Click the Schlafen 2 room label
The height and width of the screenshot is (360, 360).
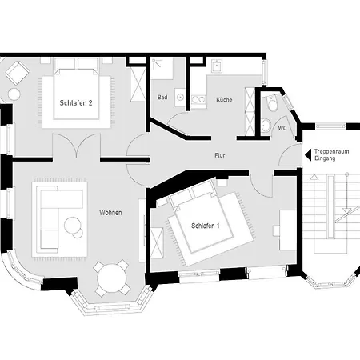76,103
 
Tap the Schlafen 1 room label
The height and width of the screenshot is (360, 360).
206,226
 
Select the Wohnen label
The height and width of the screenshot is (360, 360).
110,213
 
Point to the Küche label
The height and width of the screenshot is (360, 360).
224,100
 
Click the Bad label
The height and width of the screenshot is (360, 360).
162,98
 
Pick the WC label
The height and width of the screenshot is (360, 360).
282,128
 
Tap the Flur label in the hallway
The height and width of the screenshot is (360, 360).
220,155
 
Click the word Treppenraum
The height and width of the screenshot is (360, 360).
331,151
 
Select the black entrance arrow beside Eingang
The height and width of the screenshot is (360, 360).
308,155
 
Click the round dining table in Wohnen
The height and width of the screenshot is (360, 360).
112,278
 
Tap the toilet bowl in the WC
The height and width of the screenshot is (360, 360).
273,103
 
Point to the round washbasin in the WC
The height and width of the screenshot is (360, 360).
266,125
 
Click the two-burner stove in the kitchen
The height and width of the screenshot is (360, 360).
198,99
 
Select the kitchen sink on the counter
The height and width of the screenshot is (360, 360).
218,66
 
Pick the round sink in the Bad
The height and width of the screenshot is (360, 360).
180,97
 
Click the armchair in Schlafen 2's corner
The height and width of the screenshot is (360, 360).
18,73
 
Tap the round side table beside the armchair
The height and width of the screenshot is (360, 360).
14,94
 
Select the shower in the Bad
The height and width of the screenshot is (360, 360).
162,69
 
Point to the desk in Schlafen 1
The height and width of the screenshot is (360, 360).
287,230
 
